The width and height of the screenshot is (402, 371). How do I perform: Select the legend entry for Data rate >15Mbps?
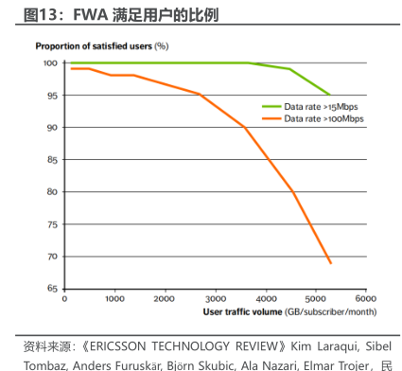[323, 107]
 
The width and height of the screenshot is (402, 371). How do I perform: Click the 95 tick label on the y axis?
[51, 96]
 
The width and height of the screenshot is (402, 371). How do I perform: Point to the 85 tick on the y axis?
[51, 160]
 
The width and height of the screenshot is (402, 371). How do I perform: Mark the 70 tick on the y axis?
[51, 256]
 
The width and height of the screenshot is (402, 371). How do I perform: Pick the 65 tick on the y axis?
[51, 289]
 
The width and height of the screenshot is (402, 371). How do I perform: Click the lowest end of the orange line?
[330, 263]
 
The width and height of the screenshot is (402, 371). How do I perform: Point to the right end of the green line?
[330, 96]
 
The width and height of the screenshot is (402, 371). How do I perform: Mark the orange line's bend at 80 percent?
[294, 192]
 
